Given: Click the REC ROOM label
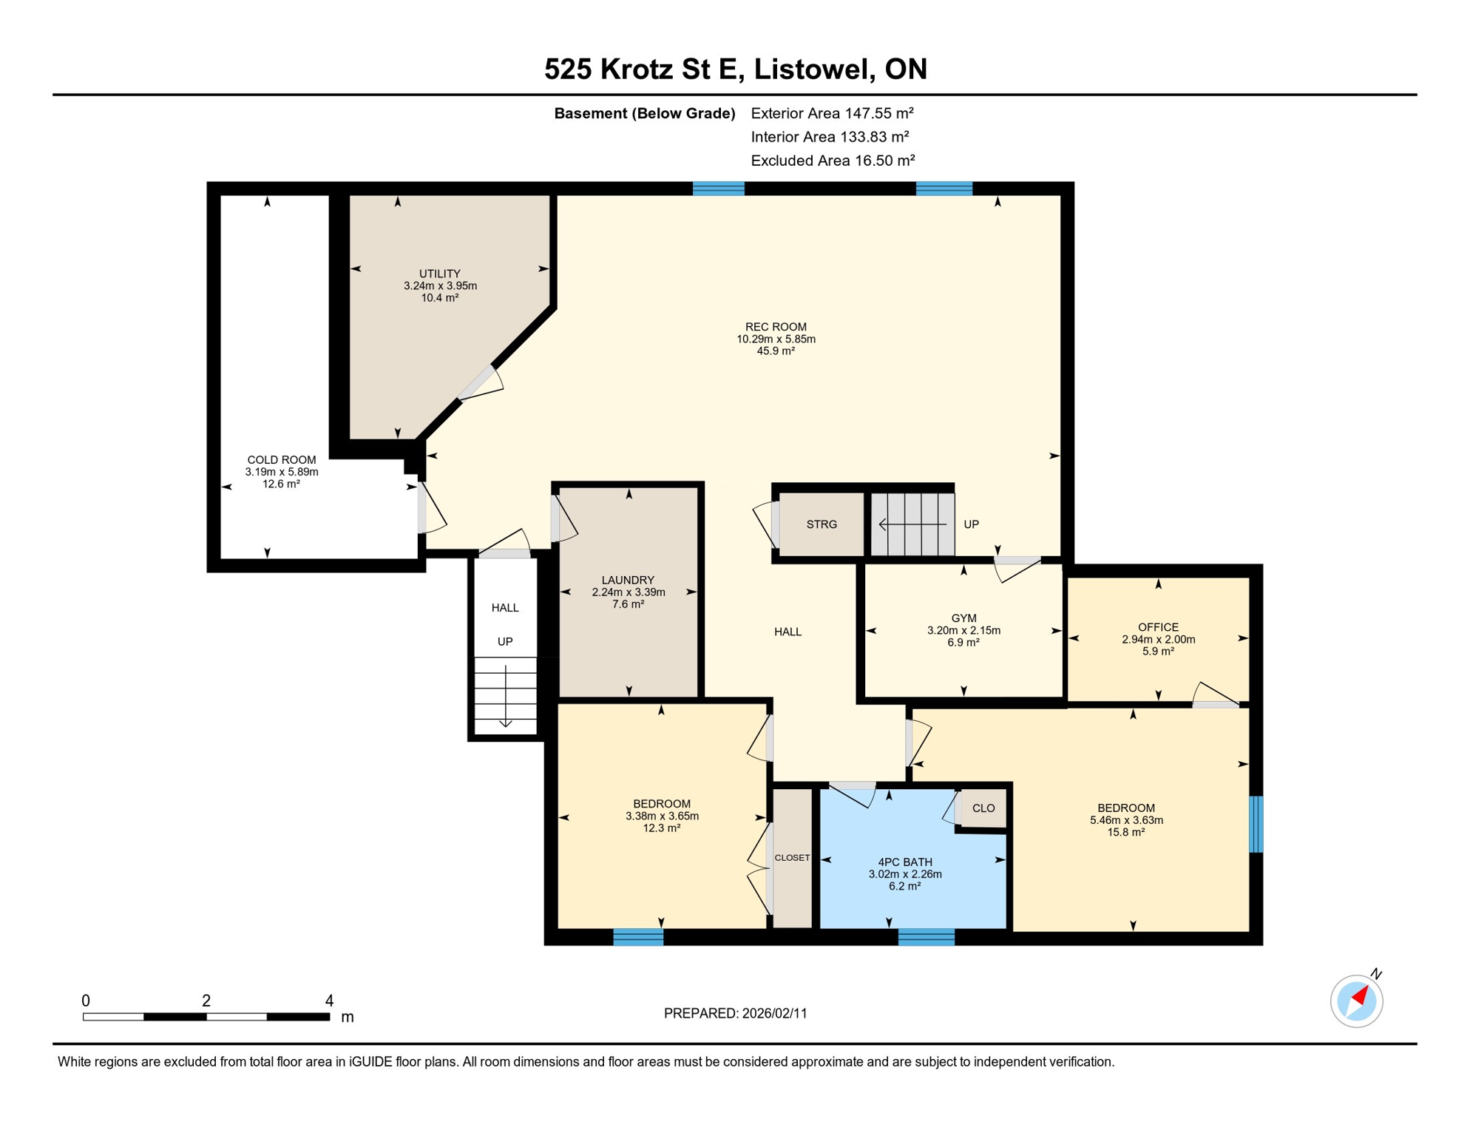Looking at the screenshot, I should [x=776, y=327].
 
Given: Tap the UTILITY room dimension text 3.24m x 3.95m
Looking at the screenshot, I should [x=440, y=285].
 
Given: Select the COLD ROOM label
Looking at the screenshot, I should [x=281, y=460].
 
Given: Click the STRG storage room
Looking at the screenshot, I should [x=821, y=524].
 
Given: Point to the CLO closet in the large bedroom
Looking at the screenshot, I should [x=983, y=808].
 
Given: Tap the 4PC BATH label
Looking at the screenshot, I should [x=904, y=862].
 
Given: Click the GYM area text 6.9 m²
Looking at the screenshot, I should [x=963, y=643].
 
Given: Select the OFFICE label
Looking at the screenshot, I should [x=1158, y=627].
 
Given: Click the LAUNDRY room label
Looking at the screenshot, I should [x=628, y=580].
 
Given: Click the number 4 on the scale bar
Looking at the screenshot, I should [x=329, y=1001].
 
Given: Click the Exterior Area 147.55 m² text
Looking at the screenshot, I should [x=832, y=113].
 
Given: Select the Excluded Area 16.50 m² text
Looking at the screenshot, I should [x=833, y=160].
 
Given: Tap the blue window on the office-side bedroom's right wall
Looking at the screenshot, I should [x=1256, y=824].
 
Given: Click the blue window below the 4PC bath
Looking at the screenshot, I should [x=926, y=938].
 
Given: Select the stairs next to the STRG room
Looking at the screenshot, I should [x=912, y=524].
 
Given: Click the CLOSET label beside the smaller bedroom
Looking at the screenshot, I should [x=792, y=858].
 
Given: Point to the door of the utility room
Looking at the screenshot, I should [x=477, y=382].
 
